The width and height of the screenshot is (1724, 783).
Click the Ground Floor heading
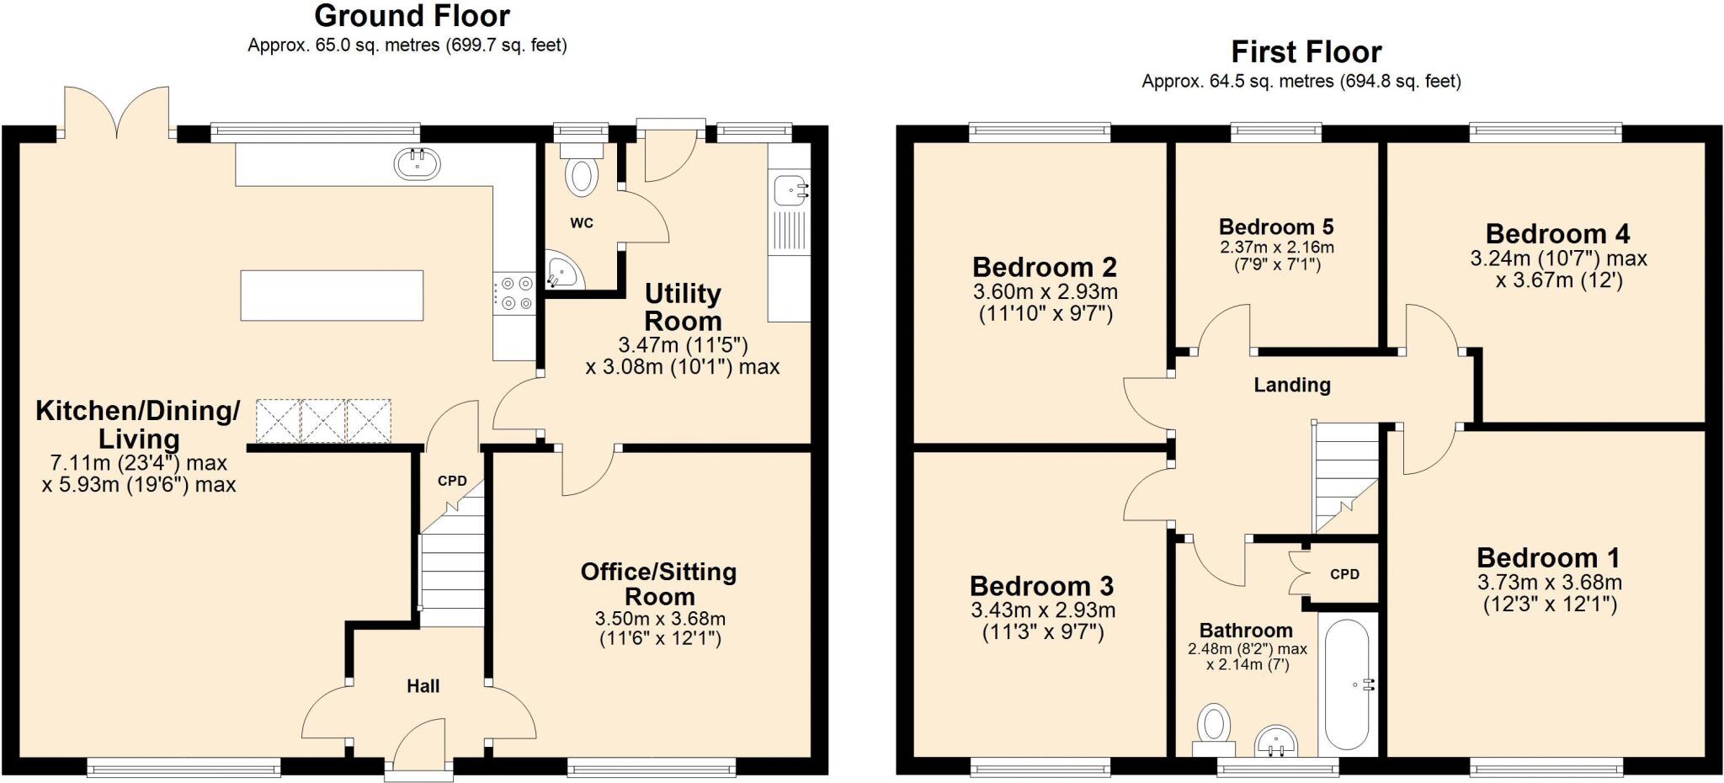click(x=412, y=16)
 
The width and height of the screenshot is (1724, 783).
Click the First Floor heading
click(x=1306, y=52)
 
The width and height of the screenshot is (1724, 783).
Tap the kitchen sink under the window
click(x=417, y=163)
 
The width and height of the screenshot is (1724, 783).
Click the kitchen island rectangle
click(x=332, y=295)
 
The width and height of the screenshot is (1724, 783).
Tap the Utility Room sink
click(x=790, y=189)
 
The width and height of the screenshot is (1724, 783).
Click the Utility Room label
click(x=683, y=307)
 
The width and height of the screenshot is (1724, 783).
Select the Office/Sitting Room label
click(x=658, y=584)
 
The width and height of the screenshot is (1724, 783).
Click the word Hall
click(x=423, y=686)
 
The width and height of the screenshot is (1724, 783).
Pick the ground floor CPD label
click(x=452, y=482)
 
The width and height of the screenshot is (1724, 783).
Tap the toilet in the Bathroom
click(x=1213, y=727)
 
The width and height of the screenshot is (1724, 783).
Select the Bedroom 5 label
click(x=1276, y=226)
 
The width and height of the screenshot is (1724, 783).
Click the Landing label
click(x=1292, y=385)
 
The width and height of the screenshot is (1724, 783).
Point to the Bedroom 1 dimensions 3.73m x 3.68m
click(x=1549, y=583)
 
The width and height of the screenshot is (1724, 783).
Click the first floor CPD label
click(x=1344, y=574)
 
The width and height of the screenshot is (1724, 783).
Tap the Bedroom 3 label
click(x=1041, y=586)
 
